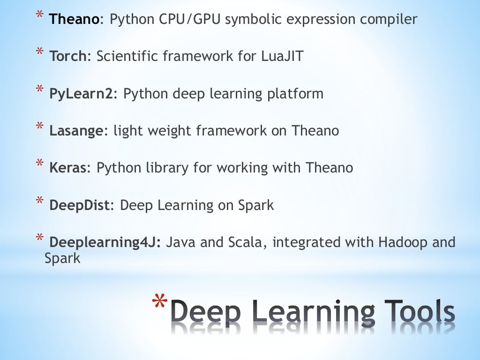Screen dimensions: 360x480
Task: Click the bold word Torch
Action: click(67, 57)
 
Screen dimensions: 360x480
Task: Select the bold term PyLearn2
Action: click(81, 94)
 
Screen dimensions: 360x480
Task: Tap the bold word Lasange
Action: click(75, 131)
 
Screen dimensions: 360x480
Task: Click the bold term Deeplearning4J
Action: click(105, 243)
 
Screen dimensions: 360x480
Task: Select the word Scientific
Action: click(127, 57)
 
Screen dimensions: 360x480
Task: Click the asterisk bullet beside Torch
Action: click(41, 53)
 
